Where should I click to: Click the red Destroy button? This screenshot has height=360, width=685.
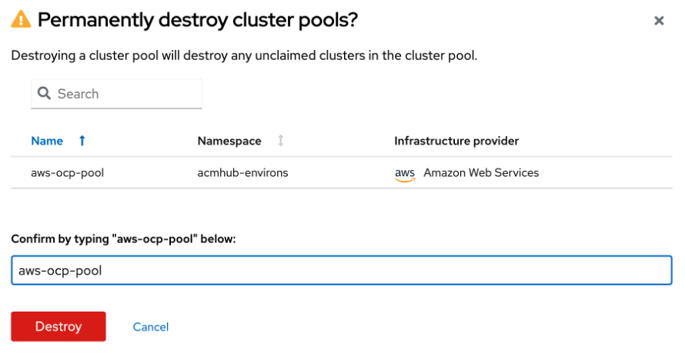pos(58,326)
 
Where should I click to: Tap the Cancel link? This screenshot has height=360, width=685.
pos(151,327)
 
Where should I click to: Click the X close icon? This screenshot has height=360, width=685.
pos(659,21)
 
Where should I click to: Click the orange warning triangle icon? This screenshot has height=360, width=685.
pos(21,20)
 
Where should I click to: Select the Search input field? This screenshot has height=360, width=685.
pos(117,94)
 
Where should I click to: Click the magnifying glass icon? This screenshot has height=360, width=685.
pos(44,93)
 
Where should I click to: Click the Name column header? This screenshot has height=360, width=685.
pos(47,141)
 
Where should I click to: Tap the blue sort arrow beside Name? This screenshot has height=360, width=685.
pos(82,141)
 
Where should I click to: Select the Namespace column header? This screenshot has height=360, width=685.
pos(229,141)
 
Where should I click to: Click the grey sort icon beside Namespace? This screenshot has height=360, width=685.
pos(281,141)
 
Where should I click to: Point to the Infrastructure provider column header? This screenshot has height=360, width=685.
pos(456,141)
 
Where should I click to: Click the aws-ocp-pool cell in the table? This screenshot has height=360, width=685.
pos(67,173)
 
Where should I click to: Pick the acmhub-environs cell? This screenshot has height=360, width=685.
pos(242,173)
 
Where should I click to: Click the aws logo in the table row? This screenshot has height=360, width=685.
pos(405,174)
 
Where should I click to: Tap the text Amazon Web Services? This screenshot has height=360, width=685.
pos(481,173)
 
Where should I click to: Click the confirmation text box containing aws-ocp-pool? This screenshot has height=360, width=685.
pos(342,270)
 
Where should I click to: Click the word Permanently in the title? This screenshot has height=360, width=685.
pos(95,20)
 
